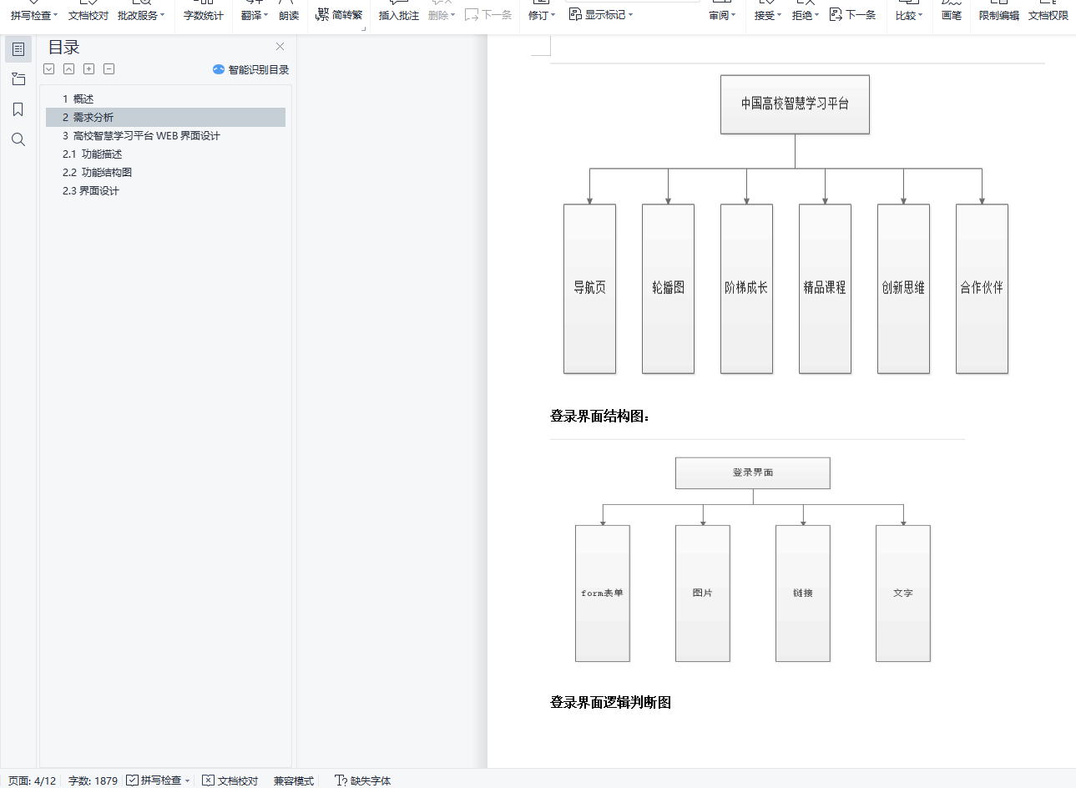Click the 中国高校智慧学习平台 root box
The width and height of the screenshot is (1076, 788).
click(795, 104)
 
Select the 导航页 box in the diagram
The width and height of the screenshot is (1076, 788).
click(589, 288)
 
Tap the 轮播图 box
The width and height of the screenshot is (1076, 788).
click(668, 288)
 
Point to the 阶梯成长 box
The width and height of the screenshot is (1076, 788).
click(746, 288)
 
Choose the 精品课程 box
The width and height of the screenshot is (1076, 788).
click(825, 288)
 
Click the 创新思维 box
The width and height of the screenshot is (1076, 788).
click(903, 288)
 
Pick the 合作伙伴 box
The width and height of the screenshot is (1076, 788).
click(982, 288)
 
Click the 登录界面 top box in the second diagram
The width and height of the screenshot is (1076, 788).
click(752, 472)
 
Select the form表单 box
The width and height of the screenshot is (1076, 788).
click(602, 593)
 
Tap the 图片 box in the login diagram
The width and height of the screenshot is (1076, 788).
click(702, 593)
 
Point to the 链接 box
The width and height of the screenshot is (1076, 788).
click(802, 593)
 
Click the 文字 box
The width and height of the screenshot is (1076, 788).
click(902, 593)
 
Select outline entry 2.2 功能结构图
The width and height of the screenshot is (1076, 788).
click(98, 173)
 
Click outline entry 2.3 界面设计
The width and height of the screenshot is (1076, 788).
click(91, 191)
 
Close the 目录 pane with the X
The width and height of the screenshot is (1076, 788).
click(280, 47)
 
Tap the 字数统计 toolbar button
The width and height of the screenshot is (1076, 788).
click(203, 15)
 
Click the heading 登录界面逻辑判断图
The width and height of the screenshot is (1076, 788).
click(610, 703)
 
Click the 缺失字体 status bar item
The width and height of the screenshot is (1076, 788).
click(363, 780)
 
